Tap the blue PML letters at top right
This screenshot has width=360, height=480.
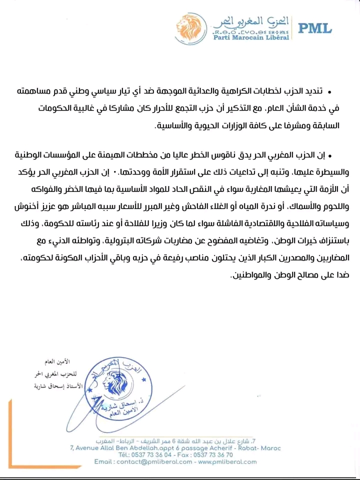pyautogui.click(x=315, y=28)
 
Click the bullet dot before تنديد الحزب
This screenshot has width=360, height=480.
pyautogui.click(x=329, y=92)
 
